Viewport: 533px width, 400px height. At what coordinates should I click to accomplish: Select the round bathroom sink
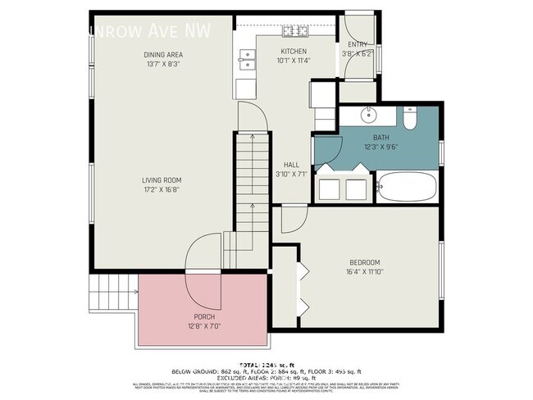point(368,114)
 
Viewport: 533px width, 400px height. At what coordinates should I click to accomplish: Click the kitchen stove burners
point(294,31)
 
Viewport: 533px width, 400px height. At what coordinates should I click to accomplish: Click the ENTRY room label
point(358,45)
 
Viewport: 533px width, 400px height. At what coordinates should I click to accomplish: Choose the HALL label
point(290,164)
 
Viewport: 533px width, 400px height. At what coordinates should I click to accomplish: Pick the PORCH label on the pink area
point(204,316)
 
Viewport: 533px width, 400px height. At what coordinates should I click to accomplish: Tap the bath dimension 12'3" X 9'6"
point(381,148)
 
